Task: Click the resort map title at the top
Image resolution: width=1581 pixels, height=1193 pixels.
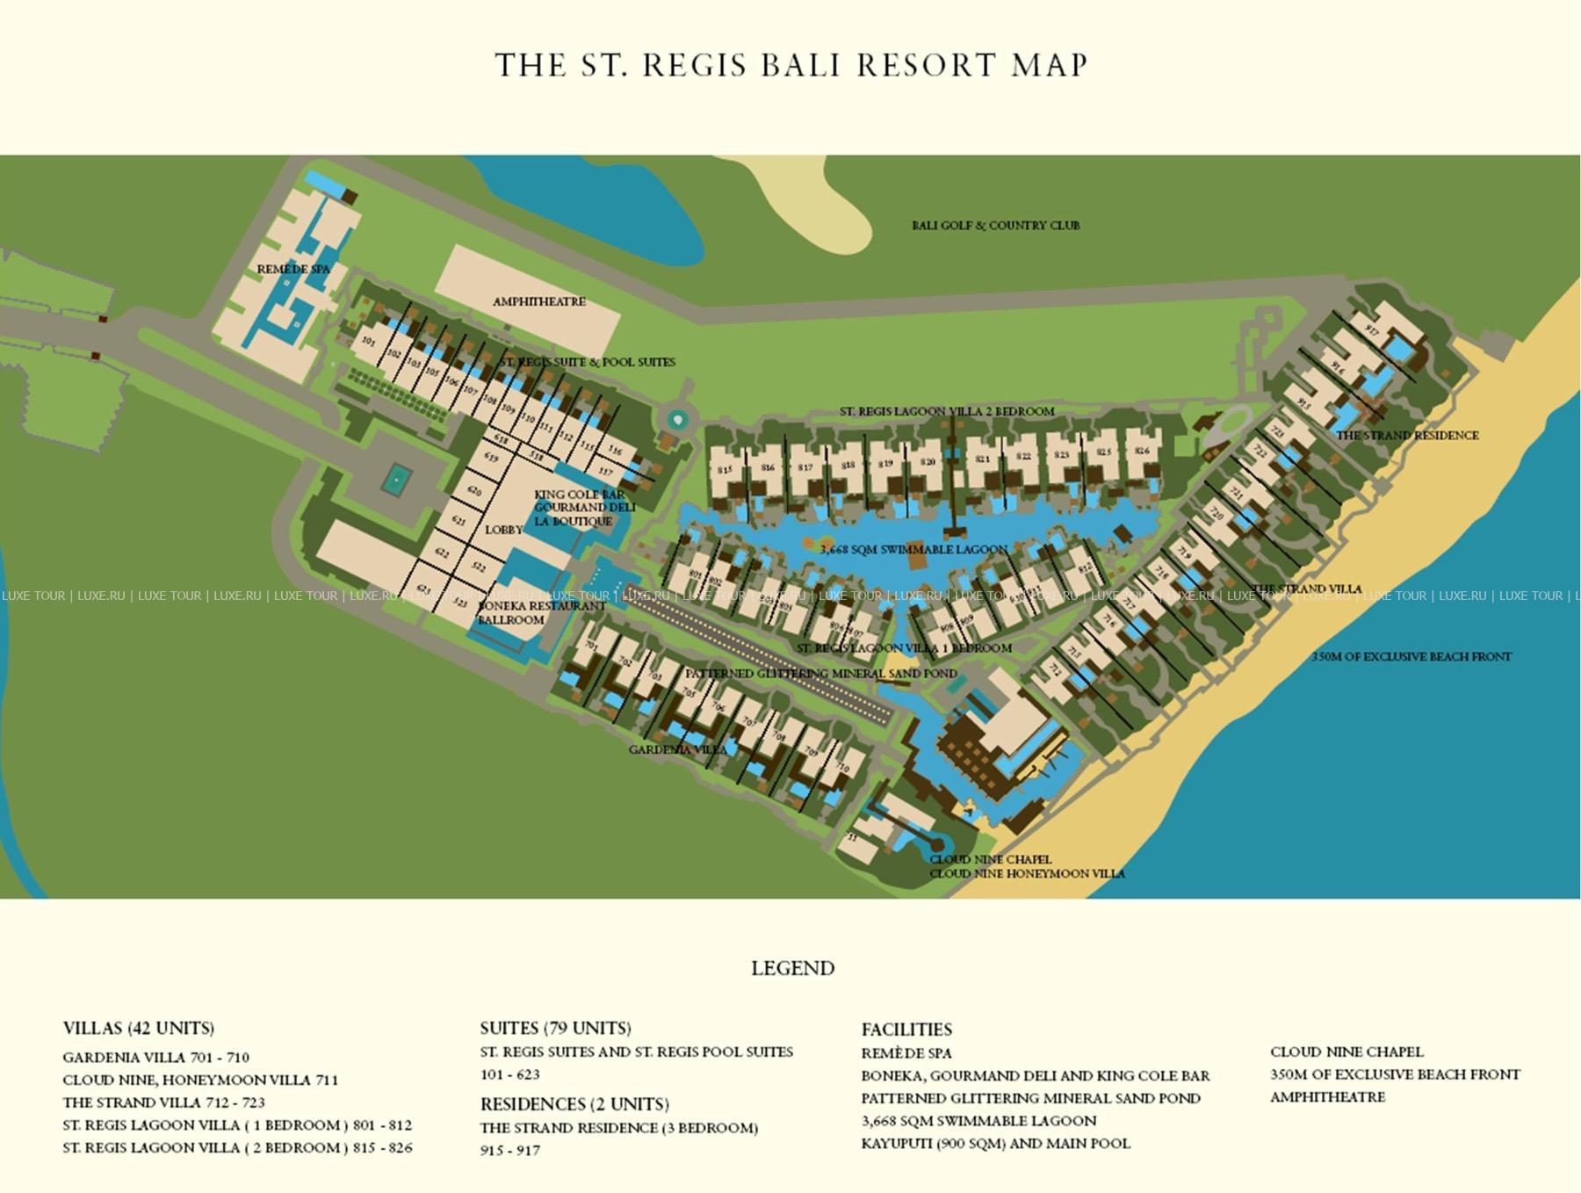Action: pyautogui.click(x=791, y=65)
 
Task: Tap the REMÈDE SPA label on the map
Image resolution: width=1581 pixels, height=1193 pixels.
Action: pyautogui.click(x=293, y=269)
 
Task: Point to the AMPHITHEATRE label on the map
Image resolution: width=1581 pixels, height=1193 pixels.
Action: pyautogui.click(x=538, y=301)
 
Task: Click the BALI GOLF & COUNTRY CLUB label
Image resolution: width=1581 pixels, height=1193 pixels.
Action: pyautogui.click(x=995, y=225)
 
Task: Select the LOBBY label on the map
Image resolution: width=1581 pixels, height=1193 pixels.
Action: pyautogui.click(x=503, y=530)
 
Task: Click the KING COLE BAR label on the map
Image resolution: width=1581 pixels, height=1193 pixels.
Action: pyautogui.click(x=579, y=495)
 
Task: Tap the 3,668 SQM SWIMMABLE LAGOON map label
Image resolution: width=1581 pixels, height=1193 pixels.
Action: pyautogui.click(x=913, y=549)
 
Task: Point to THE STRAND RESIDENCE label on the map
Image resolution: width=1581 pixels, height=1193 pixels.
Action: pyautogui.click(x=1407, y=435)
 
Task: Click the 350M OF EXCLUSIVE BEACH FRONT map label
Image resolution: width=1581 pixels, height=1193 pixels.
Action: pyautogui.click(x=1411, y=656)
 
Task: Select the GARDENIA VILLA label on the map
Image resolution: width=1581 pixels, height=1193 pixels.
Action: pyautogui.click(x=677, y=749)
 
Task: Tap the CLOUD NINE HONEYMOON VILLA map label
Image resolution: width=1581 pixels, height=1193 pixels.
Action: pyautogui.click(x=1027, y=873)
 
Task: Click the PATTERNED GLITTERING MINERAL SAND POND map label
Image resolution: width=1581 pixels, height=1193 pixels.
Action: pyautogui.click(x=821, y=674)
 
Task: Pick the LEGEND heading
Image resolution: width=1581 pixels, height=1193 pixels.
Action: pyautogui.click(x=792, y=968)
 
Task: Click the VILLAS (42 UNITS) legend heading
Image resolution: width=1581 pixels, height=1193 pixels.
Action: pyautogui.click(x=138, y=1028)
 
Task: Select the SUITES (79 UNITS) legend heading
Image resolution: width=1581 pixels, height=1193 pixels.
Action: pyautogui.click(x=555, y=1028)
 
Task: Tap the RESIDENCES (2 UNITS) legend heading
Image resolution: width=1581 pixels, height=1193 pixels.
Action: pyautogui.click(x=574, y=1104)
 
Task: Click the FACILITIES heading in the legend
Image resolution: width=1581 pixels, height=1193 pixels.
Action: pyautogui.click(x=906, y=1030)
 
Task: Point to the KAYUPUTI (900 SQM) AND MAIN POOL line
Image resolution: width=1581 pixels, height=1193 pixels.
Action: pyautogui.click(x=995, y=1143)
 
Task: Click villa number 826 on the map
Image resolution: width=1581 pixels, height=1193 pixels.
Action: pyautogui.click(x=1141, y=451)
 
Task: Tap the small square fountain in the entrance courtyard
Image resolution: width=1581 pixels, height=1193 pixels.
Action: pyautogui.click(x=396, y=480)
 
